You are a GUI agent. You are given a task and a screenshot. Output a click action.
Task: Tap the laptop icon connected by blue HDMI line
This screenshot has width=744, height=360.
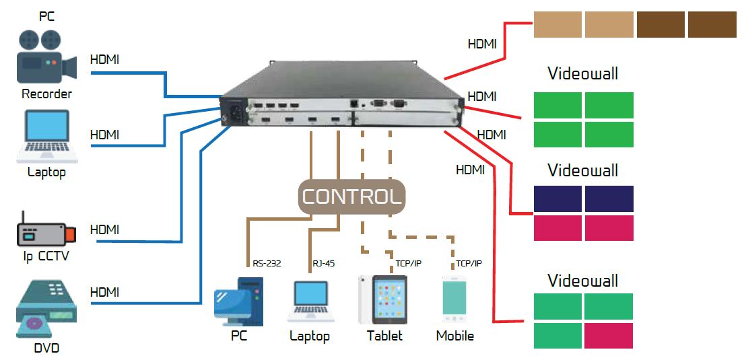click(47, 137)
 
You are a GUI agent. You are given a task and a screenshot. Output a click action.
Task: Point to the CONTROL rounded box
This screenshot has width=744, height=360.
click(352, 197)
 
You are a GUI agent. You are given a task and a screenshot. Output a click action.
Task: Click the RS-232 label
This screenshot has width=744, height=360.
click(267, 264)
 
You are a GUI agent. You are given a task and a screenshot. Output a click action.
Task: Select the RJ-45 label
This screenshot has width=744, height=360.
click(324, 264)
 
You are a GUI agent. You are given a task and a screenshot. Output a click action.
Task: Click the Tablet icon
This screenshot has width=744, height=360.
click(384, 299)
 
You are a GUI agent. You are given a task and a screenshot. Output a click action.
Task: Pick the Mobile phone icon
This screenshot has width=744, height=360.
click(454, 299)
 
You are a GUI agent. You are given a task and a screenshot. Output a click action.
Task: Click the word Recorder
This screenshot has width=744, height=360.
click(46, 94)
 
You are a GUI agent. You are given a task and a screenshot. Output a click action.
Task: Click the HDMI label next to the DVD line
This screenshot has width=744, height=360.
click(104, 292)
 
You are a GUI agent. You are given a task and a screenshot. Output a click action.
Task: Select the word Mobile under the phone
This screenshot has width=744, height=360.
click(455, 336)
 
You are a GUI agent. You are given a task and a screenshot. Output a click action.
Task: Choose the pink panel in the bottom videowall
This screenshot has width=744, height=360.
click(609, 335)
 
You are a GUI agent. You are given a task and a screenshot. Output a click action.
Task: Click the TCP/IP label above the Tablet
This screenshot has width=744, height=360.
click(408, 264)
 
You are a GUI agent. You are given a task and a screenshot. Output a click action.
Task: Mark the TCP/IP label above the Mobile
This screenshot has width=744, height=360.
click(469, 264)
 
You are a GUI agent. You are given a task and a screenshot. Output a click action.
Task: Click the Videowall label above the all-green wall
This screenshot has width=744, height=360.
click(582, 73)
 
